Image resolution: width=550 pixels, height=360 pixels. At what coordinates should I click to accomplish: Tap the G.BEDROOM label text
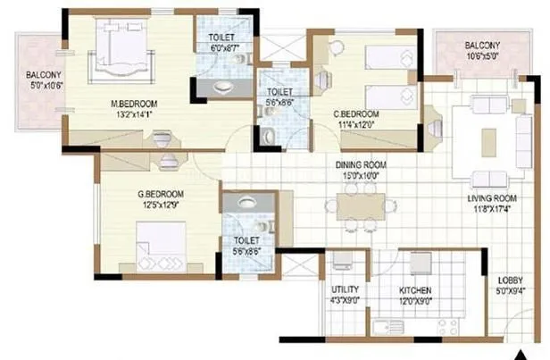click(x=162, y=194)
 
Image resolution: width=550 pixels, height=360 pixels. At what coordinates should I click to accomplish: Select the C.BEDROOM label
click(x=356, y=114)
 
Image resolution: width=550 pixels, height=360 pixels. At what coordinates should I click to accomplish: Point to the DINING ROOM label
click(x=360, y=165)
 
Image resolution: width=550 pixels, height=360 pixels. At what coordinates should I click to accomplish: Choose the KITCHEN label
click(x=415, y=291)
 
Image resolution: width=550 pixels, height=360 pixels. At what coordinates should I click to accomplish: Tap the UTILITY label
click(x=344, y=291)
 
